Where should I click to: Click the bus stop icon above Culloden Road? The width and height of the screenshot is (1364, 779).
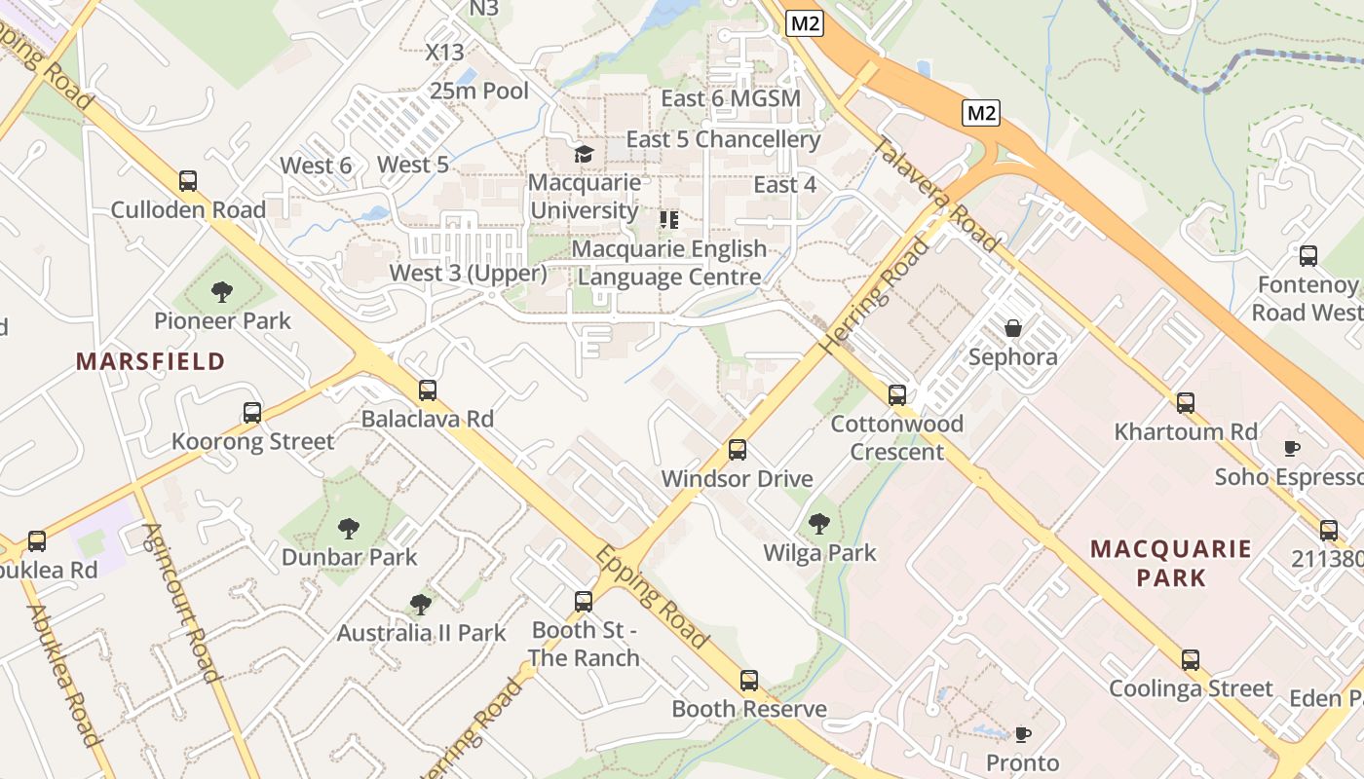coord(188,181)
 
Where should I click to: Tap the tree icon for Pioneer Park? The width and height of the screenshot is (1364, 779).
coord(222,291)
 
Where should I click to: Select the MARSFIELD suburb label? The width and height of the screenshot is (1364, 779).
coord(151,361)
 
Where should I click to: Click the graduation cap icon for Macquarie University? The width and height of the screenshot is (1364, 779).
coord(584,154)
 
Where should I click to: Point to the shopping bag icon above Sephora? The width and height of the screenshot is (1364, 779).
coord(1013,328)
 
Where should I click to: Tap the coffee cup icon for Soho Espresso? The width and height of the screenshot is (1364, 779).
coord(1291,448)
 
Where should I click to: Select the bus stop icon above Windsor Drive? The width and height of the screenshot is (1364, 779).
coord(738,450)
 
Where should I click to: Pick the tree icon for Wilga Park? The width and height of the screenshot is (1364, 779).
coord(819,524)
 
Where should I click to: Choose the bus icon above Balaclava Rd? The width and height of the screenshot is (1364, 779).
coord(428,390)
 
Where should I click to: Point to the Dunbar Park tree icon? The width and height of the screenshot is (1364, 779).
coord(349,529)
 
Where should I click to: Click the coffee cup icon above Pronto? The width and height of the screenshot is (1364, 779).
coord(1022,734)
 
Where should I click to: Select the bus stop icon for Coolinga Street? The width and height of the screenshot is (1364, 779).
coord(1190,660)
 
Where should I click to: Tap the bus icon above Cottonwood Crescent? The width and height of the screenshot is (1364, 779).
coord(897,395)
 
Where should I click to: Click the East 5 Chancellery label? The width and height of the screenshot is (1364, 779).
coord(723,139)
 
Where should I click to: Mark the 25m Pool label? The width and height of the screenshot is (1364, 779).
coord(479,92)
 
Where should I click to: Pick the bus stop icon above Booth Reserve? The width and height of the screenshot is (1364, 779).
coord(749,681)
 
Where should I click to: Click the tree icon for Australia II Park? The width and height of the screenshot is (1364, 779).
coord(421,605)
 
